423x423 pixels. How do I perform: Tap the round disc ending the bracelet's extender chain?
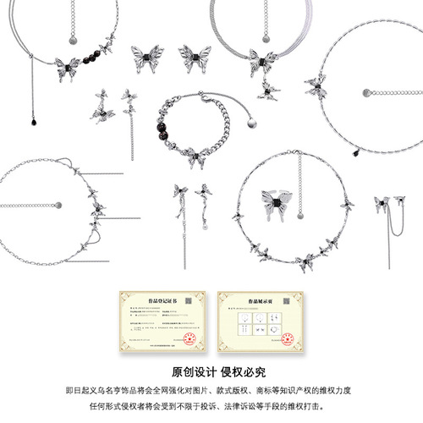252,122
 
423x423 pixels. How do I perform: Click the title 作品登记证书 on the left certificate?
161,297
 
